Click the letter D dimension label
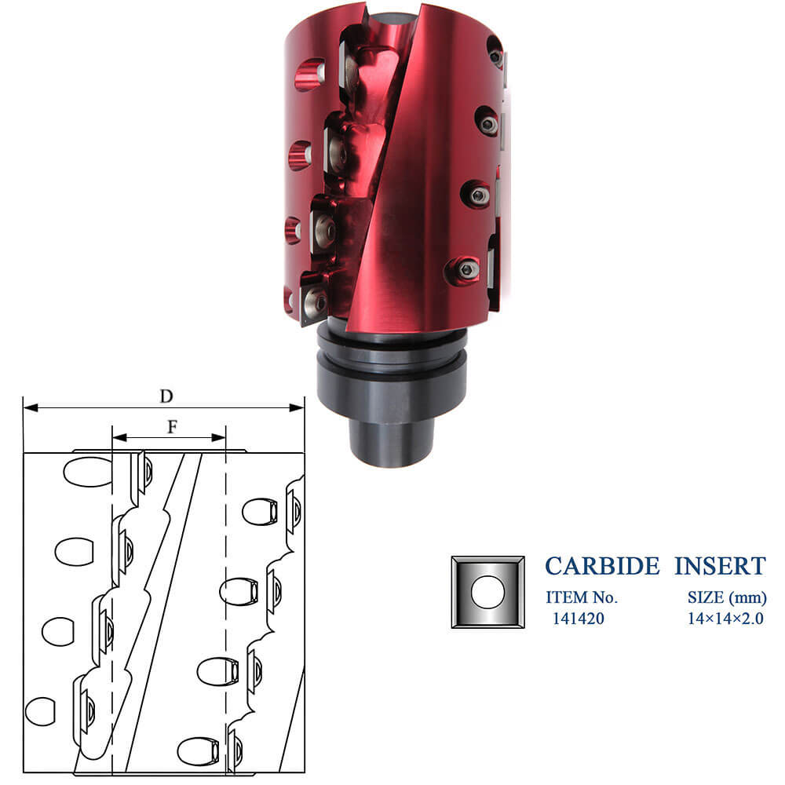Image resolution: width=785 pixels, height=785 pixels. (x=166, y=396)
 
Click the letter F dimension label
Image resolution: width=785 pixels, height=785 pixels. (x=172, y=427)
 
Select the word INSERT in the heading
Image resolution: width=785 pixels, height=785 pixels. (x=720, y=566)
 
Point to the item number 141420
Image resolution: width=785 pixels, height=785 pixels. (x=579, y=619)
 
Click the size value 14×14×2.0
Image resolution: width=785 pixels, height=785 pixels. (x=725, y=619)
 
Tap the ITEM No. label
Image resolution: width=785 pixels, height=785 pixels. (x=582, y=597)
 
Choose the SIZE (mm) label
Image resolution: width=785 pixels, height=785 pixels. (x=727, y=597)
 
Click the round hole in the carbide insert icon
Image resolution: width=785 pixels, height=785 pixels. (x=487, y=592)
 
